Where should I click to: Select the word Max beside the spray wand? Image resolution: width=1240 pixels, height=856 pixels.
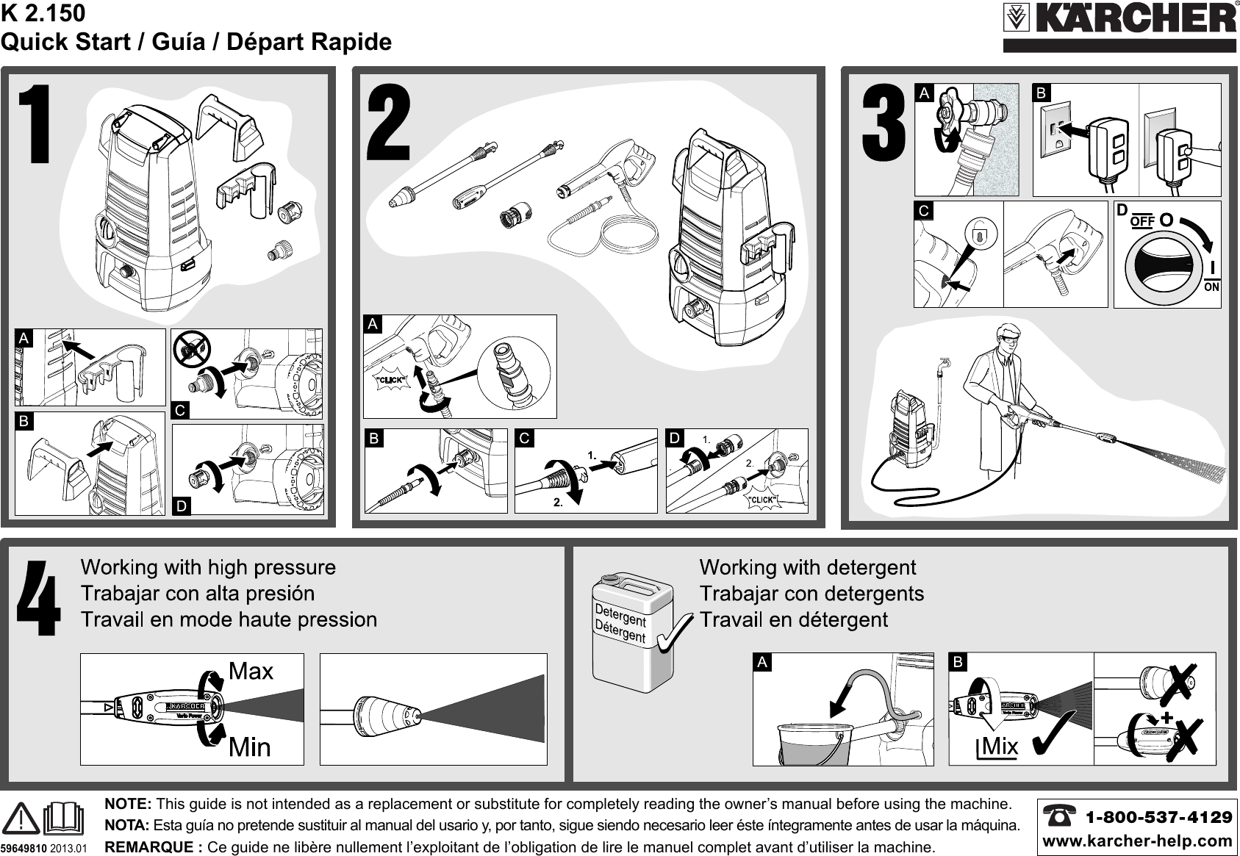[251, 671]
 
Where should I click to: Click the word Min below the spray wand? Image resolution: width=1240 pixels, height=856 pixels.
[250, 747]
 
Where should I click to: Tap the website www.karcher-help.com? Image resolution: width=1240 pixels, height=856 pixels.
[1136, 840]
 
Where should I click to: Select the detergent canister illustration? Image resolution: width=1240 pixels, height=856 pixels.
[632, 632]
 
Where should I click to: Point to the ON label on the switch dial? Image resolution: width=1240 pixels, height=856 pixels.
[1211, 287]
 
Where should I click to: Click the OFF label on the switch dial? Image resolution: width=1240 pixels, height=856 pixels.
[1142, 220]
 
